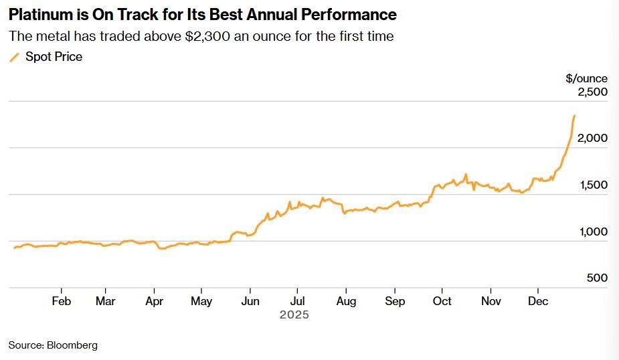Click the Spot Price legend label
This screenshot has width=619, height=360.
click(54, 57)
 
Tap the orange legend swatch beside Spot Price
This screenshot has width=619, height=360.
click(14, 58)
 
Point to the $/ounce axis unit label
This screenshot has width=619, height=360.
click(586, 78)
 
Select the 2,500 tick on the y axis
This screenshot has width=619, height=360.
click(592, 92)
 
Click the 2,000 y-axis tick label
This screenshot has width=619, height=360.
click(592, 139)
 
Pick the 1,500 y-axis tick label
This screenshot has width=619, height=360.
click(592, 185)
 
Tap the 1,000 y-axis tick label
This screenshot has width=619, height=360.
click(592, 232)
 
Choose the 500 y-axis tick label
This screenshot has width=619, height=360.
click(597, 278)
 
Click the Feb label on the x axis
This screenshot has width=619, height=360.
click(61, 302)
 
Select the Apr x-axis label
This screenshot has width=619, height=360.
click(154, 302)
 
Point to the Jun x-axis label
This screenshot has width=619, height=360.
click(250, 302)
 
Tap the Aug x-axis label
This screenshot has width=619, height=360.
click(345, 302)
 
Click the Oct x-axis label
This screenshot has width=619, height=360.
click(441, 302)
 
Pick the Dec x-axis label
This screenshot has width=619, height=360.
click(538, 302)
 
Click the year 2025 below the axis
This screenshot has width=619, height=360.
click(294, 314)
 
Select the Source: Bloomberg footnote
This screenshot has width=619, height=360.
click(53, 345)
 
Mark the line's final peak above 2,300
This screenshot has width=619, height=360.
click(574, 116)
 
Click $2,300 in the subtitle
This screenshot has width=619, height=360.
click(208, 36)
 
